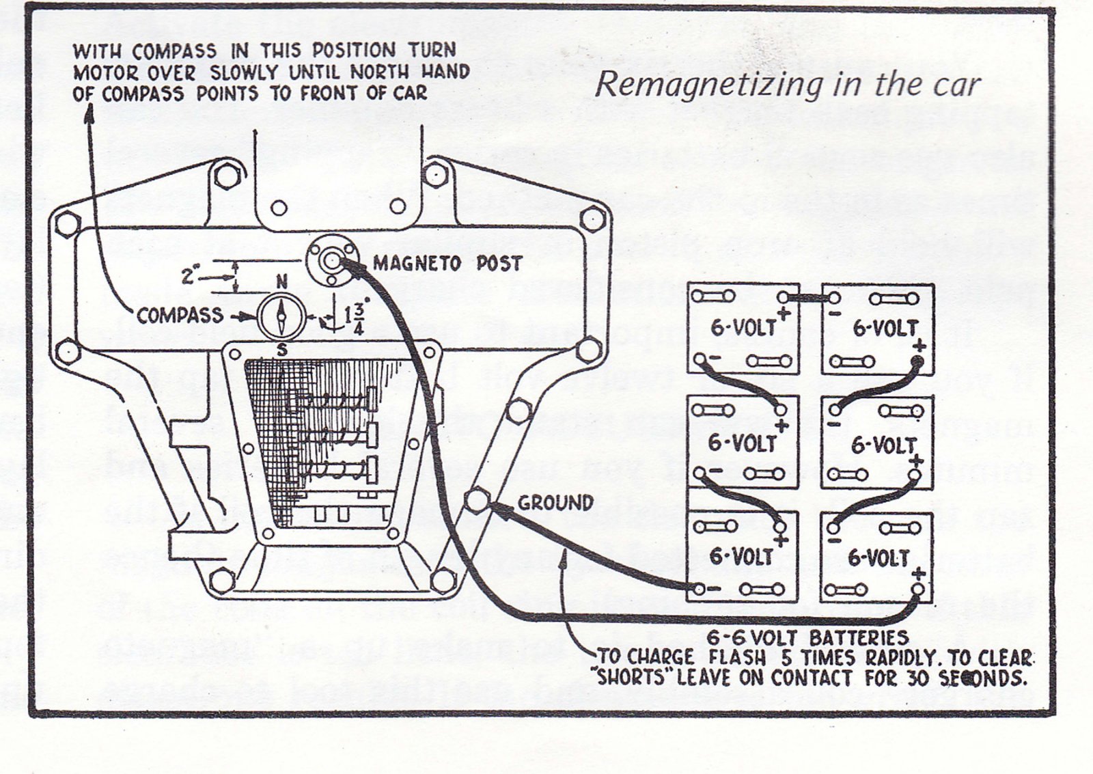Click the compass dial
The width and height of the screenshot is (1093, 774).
pyautogui.click(x=281, y=316)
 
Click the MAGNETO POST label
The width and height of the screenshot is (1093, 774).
pyautogui.click(x=447, y=263)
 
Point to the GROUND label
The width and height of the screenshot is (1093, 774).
pyautogui.click(x=555, y=503)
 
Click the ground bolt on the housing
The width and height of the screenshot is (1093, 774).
pyautogui.click(x=477, y=500)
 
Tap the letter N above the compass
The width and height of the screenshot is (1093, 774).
pyautogui.click(x=281, y=281)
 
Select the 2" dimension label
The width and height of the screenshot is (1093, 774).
pyautogui.click(x=189, y=277)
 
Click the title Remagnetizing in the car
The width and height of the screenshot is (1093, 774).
pyautogui.click(x=787, y=85)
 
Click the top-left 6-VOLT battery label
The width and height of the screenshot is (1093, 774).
pyautogui.click(x=743, y=328)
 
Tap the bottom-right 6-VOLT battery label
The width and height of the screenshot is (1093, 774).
pyautogui.click(x=878, y=558)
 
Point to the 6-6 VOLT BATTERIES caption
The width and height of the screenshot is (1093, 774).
pyautogui.click(x=807, y=638)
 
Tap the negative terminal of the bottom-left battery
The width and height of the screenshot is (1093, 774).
pyautogui.click(x=698, y=588)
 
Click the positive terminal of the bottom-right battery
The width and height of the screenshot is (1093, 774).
pyautogui.click(x=919, y=589)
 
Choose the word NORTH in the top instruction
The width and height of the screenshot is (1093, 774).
pyautogui.click(x=376, y=72)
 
